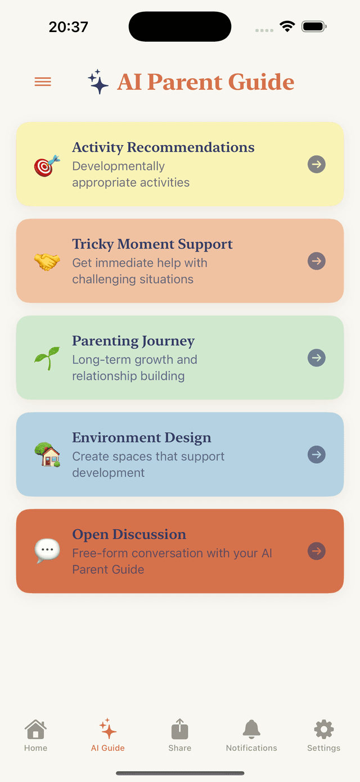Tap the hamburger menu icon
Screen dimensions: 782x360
coord(43,82)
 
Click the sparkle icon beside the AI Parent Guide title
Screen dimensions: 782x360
coord(98,82)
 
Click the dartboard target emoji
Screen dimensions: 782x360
coord(47,165)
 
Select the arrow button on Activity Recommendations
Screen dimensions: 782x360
coord(317,164)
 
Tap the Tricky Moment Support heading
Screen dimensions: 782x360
coord(152,244)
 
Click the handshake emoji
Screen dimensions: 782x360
coord(47,261)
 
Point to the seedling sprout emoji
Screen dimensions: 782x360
coord(47,358)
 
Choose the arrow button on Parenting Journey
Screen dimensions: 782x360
coord(317,358)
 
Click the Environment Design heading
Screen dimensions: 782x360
coord(142,437)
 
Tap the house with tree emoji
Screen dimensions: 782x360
coord(47,455)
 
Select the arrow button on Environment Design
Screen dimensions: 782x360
coord(317,454)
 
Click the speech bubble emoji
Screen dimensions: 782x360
coord(47,550)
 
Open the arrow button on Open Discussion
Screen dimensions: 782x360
coord(317,551)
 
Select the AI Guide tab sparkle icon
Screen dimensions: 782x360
coord(108,729)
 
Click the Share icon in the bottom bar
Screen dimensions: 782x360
coord(180,729)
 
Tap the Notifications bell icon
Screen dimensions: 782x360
coord(251,729)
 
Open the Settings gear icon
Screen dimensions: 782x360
coord(323,729)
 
